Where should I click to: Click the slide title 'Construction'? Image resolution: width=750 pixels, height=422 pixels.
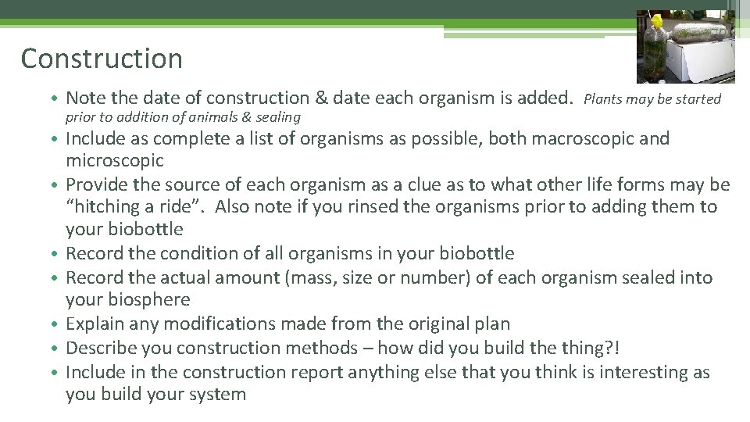pyautogui.click(x=102, y=59)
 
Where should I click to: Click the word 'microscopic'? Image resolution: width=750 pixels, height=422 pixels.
pyautogui.click(x=115, y=161)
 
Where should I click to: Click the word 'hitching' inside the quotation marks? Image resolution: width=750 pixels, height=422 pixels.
pyautogui.click(x=105, y=207)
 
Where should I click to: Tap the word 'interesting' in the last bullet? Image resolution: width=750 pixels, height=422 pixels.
pyautogui.click(x=637, y=372)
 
